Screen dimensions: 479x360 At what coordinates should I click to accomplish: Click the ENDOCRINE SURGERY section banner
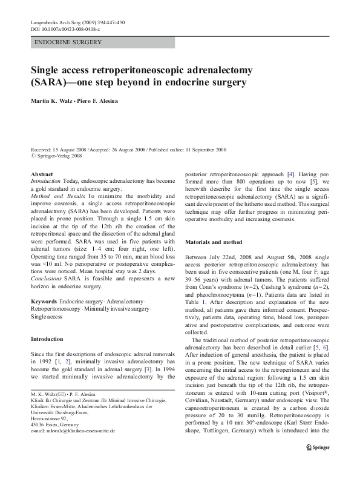pyautogui.click(x=68, y=42)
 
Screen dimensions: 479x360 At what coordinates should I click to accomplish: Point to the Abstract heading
pyautogui.click(x=41, y=174)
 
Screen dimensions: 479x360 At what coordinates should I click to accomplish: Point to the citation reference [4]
pyautogui.click(x=290, y=174)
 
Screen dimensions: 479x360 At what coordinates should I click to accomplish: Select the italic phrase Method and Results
pyautogui.click(x=58, y=196)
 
